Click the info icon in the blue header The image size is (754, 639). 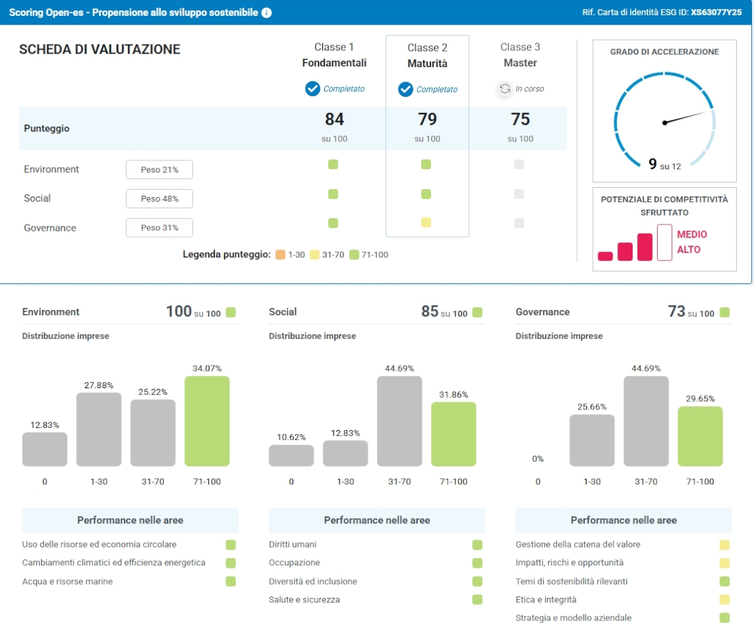(x=267, y=13)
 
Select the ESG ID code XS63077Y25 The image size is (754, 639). (x=716, y=13)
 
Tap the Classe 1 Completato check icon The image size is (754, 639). (x=312, y=88)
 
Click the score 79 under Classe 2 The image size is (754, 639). (x=427, y=119)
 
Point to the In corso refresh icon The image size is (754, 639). (x=505, y=88)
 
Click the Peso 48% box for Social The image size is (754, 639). (x=160, y=198)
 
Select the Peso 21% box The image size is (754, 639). (x=160, y=169)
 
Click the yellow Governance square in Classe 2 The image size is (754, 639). (x=426, y=222)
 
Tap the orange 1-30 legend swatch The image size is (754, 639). (x=281, y=255)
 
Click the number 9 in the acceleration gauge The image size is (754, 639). (x=653, y=164)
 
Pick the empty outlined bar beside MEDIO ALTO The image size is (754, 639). (x=664, y=242)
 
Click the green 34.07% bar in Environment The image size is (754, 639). (x=208, y=421)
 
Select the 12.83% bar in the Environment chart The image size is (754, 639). (x=44, y=449)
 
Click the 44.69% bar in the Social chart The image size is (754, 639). (x=400, y=421)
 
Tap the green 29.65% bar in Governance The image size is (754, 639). (x=700, y=437)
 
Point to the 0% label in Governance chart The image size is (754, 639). (x=538, y=459)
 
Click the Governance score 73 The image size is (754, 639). (x=676, y=311)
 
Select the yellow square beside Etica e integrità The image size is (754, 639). (x=725, y=600)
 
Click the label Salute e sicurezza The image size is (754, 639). (x=304, y=600)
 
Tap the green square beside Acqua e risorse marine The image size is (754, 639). (x=231, y=581)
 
